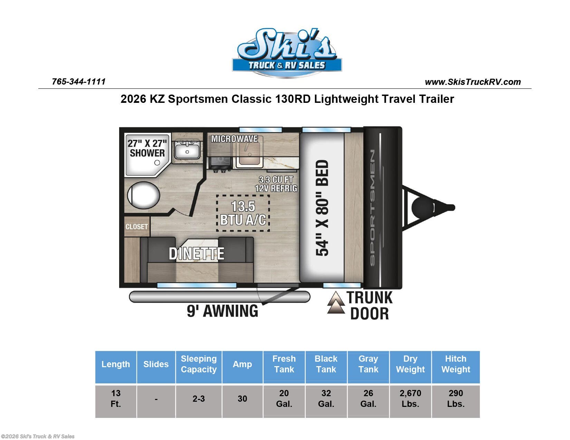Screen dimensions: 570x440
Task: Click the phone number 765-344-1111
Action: [x=79, y=82]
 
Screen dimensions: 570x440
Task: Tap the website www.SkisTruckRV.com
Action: [x=473, y=82]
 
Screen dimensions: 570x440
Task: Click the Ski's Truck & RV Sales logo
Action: [x=287, y=53]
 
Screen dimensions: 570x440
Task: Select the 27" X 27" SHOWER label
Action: [x=147, y=148]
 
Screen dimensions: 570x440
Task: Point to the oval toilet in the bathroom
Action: [x=143, y=195]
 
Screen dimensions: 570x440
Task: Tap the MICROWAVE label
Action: [x=235, y=139]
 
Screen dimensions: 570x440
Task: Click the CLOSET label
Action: [x=137, y=227]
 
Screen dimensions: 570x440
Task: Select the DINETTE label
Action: [x=197, y=254]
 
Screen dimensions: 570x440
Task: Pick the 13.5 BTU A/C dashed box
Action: [x=243, y=213]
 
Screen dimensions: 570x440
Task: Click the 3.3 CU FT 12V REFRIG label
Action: [x=276, y=184]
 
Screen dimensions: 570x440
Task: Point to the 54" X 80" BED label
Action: [x=322, y=207]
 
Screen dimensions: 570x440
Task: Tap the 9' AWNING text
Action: [x=222, y=311]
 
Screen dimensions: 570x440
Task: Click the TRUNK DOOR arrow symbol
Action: [x=336, y=302]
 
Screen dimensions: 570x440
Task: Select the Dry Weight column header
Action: [x=410, y=364]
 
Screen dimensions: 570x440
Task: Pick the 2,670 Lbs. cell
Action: [x=410, y=399]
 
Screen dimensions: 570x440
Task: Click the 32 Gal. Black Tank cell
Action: [x=326, y=399]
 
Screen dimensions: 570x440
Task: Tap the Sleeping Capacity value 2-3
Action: [x=199, y=399]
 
